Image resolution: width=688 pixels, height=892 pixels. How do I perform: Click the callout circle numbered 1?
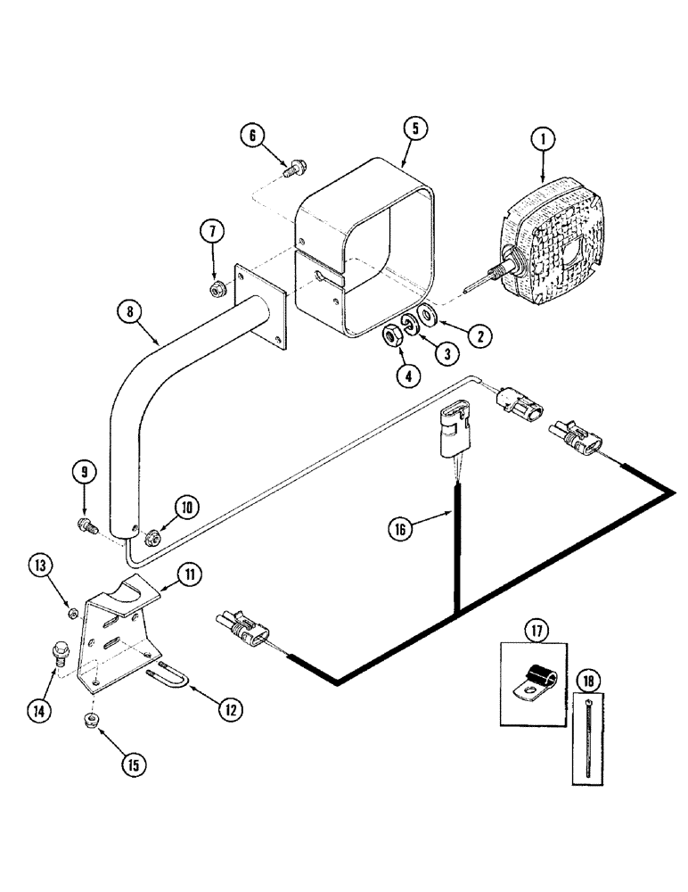click(x=543, y=139)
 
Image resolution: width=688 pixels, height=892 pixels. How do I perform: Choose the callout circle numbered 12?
click(x=230, y=710)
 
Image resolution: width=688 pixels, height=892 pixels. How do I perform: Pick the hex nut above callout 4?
click(x=389, y=336)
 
